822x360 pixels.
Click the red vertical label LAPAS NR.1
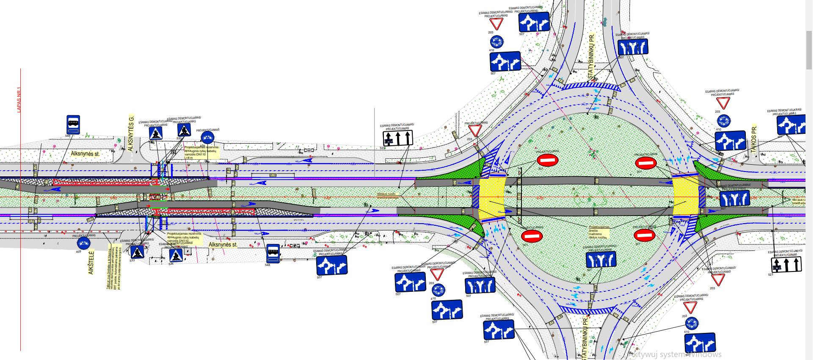pyautogui.click(x=19, y=100)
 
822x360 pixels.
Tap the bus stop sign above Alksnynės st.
pyautogui.click(x=73, y=125)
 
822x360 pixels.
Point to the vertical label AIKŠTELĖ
pyautogui.click(x=91, y=263)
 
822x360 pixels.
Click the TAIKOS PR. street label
pyautogui.click(x=753, y=139)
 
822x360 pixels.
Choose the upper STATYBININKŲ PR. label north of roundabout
pyautogui.click(x=591, y=56)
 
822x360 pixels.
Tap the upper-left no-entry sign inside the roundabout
pyautogui.click(x=547, y=160)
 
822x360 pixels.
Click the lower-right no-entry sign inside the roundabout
pyautogui.click(x=645, y=235)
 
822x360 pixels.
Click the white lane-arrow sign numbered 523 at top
pyautogui.click(x=398, y=138)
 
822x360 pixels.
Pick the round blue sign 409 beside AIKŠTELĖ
pyautogui.click(x=83, y=243)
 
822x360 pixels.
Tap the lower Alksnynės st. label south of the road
pyautogui.click(x=223, y=244)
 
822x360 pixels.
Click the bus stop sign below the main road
pyautogui.click(x=273, y=253)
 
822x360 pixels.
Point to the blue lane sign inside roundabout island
pyautogui.click(x=601, y=259)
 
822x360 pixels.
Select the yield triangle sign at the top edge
pyautogui.click(x=496, y=23)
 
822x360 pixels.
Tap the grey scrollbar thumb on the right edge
pyautogui.click(x=809, y=50)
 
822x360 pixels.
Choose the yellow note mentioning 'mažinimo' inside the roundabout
pyautogui.click(x=599, y=232)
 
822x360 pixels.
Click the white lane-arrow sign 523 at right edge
pyautogui.click(x=786, y=264)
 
